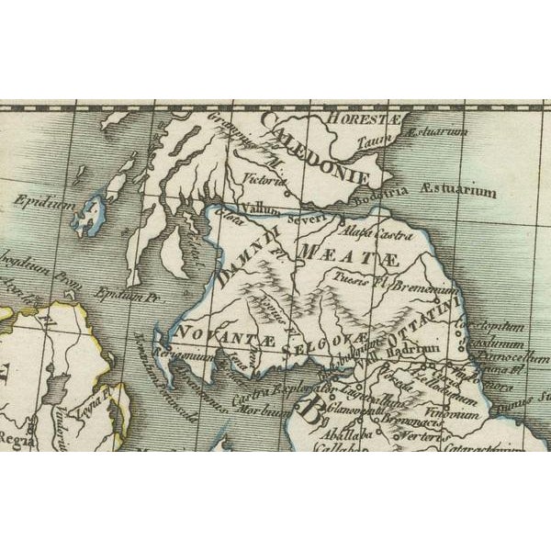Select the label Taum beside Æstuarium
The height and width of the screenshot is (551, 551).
coord(380,135)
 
